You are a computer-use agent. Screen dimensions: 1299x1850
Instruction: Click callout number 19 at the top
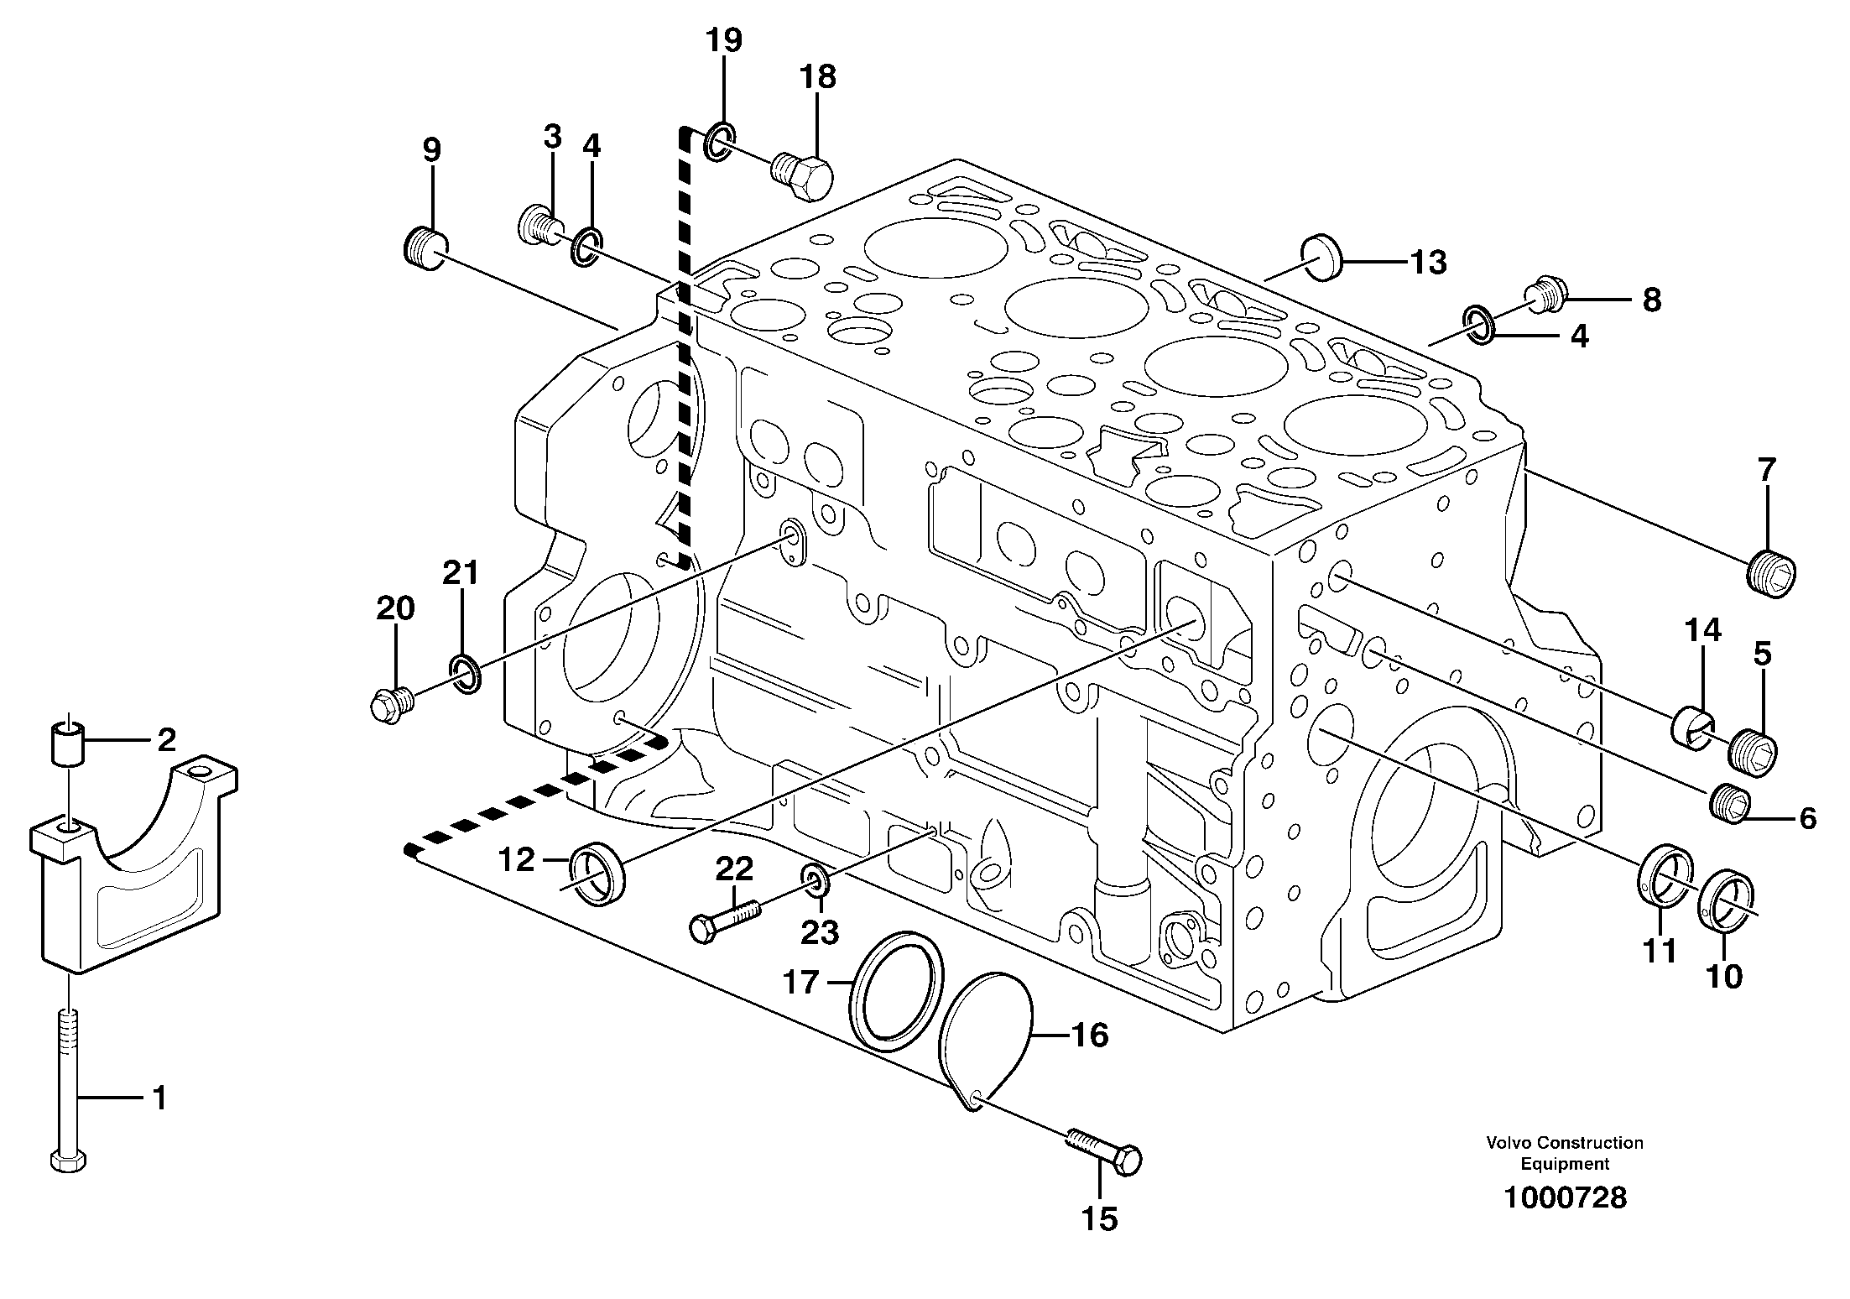723,40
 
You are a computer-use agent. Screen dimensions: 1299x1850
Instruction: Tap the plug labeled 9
424,248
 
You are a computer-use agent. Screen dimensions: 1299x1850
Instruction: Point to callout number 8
1650,300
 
